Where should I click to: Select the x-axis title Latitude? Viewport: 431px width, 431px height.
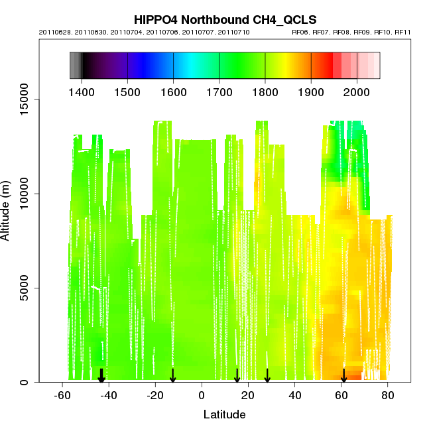click(224, 414)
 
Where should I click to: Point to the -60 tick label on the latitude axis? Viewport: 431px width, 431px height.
click(62, 396)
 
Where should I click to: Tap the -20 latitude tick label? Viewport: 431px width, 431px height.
click(155, 396)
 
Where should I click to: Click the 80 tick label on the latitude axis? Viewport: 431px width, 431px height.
click(388, 396)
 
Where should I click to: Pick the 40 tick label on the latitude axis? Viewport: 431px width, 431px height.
click(295, 396)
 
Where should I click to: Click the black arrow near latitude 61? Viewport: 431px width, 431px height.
click(343, 376)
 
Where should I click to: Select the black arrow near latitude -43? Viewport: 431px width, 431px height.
click(101, 376)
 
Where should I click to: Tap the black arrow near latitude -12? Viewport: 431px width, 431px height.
click(173, 376)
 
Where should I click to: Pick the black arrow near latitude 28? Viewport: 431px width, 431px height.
click(267, 376)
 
